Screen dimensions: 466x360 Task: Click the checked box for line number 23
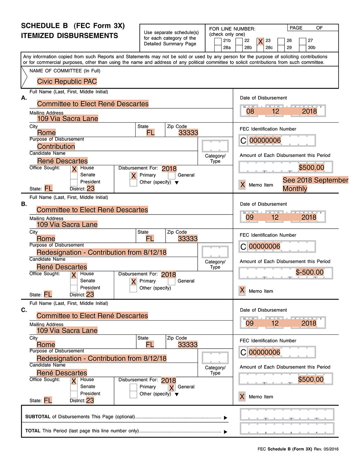pyautogui.click(x=260, y=41)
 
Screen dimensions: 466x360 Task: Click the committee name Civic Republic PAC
pyautogui.click(x=67, y=82)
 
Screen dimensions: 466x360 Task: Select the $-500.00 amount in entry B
pyautogui.click(x=310, y=272)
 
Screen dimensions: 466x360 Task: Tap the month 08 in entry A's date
pyautogui.click(x=250, y=111)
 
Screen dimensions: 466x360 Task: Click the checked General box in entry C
pyautogui.click(x=172, y=388)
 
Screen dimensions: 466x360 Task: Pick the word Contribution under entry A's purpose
pyautogui.click(x=56, y=147)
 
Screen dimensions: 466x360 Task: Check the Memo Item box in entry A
pyautogui.click(x=243, y=185)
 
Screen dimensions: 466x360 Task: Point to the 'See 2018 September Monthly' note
pyautogui.click(x=315, y=184)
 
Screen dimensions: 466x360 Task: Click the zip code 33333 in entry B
pyautogui.click(x=188, y=239)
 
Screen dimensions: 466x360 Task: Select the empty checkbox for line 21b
pyautogui.click(x=218, y=41)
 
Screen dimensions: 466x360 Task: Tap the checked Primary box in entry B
pyautogui.click(x=133, y=282)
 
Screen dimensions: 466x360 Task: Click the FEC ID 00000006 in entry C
pyautogui.click(x=265, y=352)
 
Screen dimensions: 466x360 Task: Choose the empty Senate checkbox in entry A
pyautogui.click(x=74, y=175)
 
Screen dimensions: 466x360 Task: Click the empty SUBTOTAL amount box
pyautogui.click(x=287, y=415)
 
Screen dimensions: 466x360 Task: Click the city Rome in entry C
pyautogui.click(x=46, y=344)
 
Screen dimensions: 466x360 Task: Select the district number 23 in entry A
pyautogui.click(x=91, y=188)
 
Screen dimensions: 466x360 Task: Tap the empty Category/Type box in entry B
pyautogui.click(x=215, y=252)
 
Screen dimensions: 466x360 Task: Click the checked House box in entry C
pyautogui.click(x=74, y=381)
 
